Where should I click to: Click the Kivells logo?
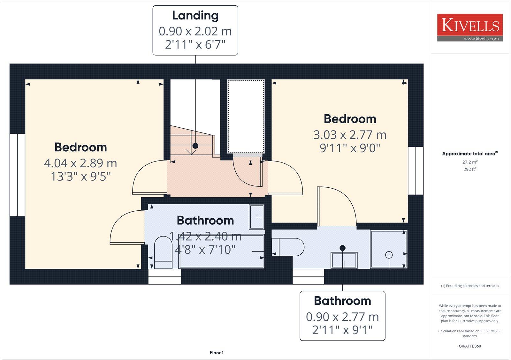[470, 27]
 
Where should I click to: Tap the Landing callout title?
[195, 15]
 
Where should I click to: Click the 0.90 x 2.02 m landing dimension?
[195, 31]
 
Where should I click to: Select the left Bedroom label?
[80, 147]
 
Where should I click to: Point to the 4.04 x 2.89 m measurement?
[80, 163]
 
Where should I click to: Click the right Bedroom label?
[350, 119]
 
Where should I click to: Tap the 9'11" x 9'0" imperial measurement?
[350, 148]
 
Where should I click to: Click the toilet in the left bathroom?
[163, 252]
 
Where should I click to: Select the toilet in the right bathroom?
[288, 247]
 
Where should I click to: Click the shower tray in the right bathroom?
[389, 250]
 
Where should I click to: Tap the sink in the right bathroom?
[344, 260]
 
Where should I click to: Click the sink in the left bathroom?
[257, 217]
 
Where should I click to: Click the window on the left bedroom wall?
[17, 175]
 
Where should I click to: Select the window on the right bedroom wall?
[416, 171]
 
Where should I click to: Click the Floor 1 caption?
[217, 353]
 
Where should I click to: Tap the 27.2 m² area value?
[470, 162]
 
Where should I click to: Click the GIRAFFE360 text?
[470, 346]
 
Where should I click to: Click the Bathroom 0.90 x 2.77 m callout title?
[342, 301]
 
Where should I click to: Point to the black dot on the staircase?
[195, 146]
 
